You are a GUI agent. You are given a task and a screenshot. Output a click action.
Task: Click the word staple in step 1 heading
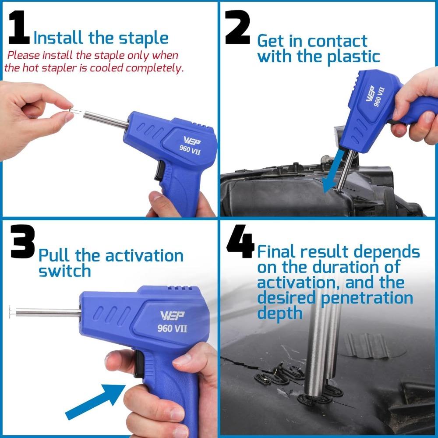coord(143,39)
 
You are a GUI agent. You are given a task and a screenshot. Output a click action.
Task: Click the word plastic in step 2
coord(353,57)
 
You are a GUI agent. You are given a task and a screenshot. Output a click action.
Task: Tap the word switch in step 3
coord(64,271)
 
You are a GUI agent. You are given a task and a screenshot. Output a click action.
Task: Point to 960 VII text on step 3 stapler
coord(172,328)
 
